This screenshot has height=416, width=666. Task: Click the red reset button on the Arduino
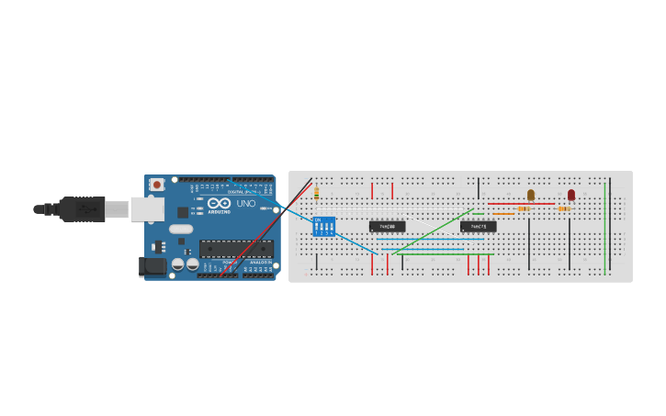pos(157,185)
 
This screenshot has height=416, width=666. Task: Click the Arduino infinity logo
pos(219,203)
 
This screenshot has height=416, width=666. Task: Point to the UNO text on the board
pos(246,203)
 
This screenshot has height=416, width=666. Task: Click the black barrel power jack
pos(152,266)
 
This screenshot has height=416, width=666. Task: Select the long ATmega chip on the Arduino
pos(236,248)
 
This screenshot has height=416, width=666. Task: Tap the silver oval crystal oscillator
pos(181,229)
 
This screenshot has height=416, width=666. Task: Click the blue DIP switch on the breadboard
pos(324,226)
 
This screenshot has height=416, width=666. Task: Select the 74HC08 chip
pos(387,226)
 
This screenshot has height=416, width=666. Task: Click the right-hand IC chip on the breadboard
pos(478,226)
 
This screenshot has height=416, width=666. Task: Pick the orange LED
pos(530,195)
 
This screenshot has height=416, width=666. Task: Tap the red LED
pos(570,195)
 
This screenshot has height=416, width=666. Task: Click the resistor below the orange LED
pos(524,208)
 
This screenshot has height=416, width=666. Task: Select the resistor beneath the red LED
pos(564,208)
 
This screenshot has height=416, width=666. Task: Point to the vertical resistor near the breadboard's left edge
pos(316,193)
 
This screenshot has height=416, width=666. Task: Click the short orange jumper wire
pos(503,214)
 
